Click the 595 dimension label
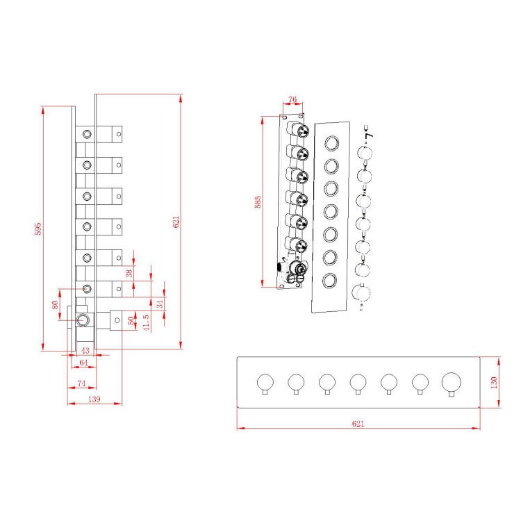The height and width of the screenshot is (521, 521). (x=39, y=229)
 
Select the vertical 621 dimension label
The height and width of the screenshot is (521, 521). (x=176, y=222)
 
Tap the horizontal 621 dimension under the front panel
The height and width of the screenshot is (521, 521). (x=358, y=422)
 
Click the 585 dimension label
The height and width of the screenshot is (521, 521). (x=258, y=202)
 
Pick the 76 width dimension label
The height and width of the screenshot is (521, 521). (x=292, y=99)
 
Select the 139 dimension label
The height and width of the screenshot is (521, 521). (x=94, y=399)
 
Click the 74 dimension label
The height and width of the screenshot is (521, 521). (x=81, y=383)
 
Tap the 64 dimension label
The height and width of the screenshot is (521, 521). (x=83, y=362)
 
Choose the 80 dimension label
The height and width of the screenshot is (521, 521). (x=56, y=305)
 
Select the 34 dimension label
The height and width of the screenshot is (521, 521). (x=160, y=304)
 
